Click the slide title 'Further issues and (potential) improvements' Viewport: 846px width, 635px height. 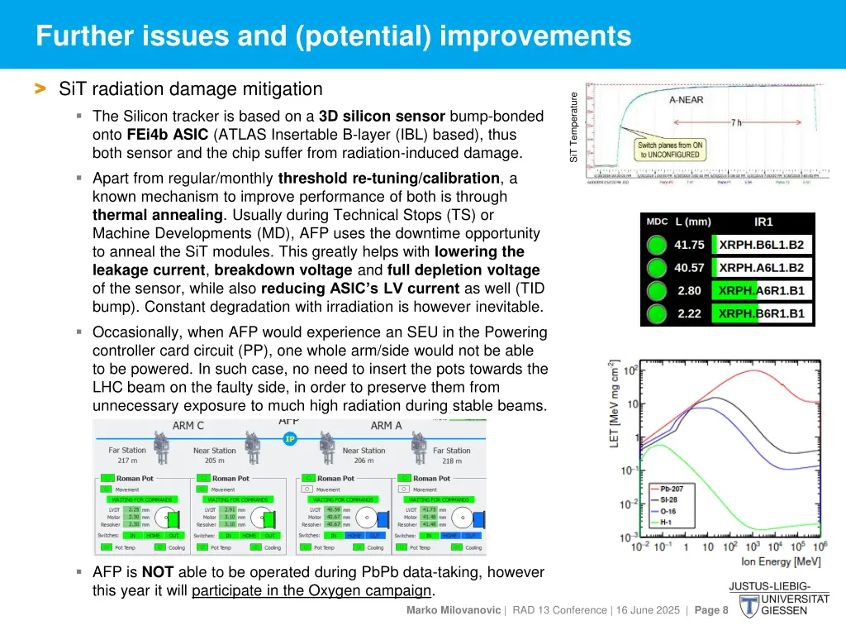(334, 36)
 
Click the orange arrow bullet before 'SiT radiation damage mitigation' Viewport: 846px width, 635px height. (39, 88)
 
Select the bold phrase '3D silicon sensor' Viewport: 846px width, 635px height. (382, 116)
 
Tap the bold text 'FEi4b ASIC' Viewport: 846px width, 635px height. (168, 134)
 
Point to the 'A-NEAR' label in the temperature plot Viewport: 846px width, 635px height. (687, 99)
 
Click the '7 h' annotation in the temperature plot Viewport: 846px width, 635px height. (735, 122)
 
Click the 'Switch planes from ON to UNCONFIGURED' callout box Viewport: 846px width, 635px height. (668, 150)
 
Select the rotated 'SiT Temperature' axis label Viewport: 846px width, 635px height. (574, 127)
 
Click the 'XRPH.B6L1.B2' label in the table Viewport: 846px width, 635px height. (761, 245)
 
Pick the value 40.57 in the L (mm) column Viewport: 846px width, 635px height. (689, 268)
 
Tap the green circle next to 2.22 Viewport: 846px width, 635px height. (656, 314)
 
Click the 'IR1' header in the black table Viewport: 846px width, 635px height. (763, 222)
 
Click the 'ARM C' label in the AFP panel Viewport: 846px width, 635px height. (188, 426)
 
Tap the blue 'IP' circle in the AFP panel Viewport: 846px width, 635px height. (289, 439)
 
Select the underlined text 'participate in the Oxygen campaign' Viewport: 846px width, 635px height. (311, 590)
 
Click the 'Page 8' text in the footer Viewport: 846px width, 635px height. (711, 610)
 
